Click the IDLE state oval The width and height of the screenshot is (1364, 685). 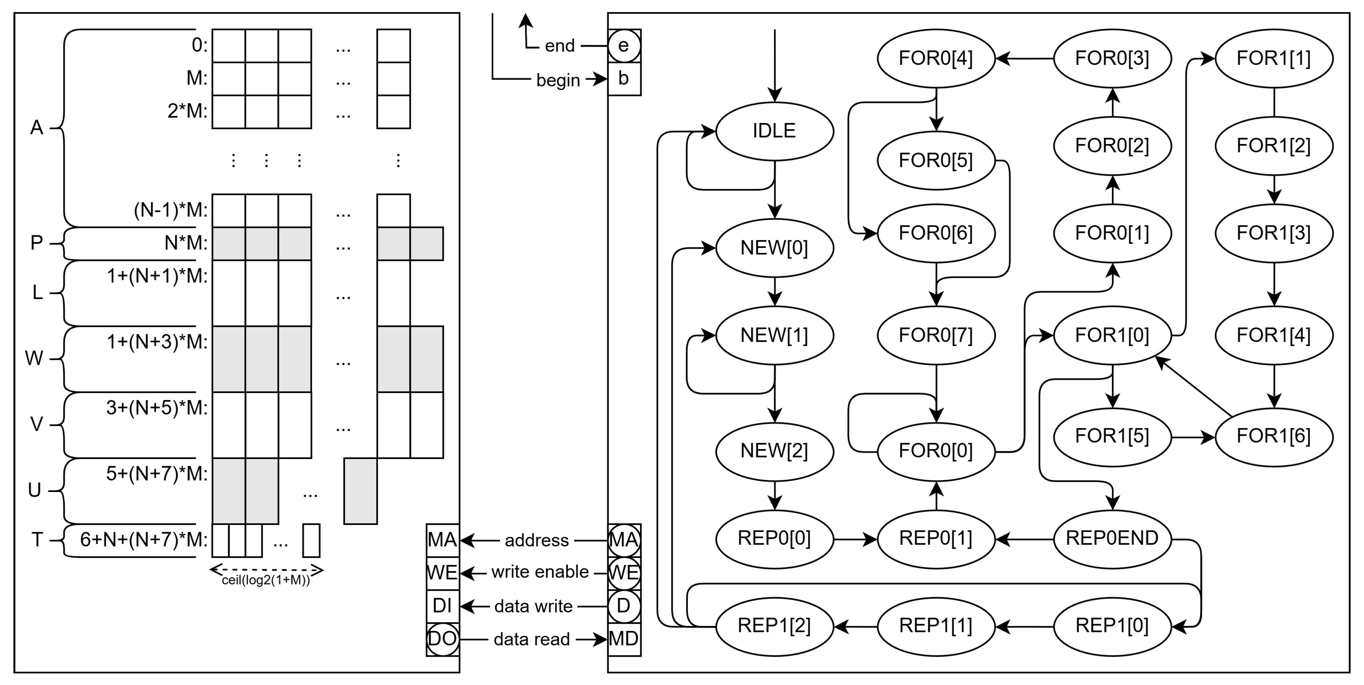pyautogui.click(x=774, y=131)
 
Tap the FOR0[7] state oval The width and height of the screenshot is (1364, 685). pyautogui.click(x=936, y=335)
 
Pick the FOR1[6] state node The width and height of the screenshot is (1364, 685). pyautogui.click(x=1273, y=436)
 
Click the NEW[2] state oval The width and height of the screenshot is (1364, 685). pyautogui.click(x=774, y=451)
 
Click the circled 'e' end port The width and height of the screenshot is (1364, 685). pyautogui.click(x=624, y=46)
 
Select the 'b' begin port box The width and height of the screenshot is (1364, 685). pyautogui.click(x=624, y=79)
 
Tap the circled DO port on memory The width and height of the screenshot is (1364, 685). pyautogui.click(x=443, y=639)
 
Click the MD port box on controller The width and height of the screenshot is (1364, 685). pyautogui.click(x=624, y=639)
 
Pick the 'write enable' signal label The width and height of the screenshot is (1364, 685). pyautogui.click(x=539, y=572)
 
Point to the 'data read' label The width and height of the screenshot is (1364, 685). pyautogui.click(x=531, y=639)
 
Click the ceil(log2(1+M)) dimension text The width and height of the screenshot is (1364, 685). pyautogui.click(x=266, y=580)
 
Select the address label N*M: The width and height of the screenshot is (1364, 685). pyautogui.click(x=186, y=243)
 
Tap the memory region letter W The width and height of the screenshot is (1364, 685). pyautogui.click(x=34, y=359)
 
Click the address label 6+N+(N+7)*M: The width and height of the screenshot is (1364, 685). pyautogui.click(x=144, y=540)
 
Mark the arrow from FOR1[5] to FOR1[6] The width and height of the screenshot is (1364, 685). pyautogui.click(x=1192, y=437)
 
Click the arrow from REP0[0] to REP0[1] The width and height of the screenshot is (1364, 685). pyautogui.click(x=855, y=539)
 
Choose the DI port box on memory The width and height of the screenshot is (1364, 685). pyautogui.click(x=443, y=606)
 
